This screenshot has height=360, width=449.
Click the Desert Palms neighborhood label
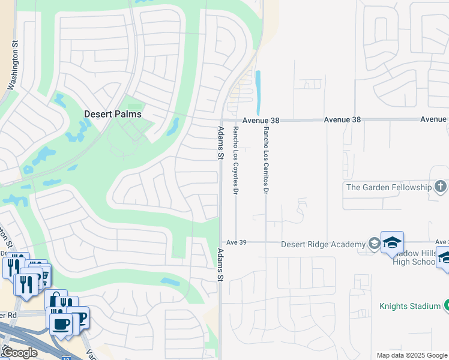113,114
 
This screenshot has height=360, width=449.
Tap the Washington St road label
13,66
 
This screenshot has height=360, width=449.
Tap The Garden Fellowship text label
388,187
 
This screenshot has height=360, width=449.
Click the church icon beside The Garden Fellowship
440,187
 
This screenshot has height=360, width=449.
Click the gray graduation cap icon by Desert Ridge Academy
374,244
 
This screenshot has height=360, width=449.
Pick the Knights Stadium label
410,306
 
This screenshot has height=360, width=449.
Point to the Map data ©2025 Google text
411,355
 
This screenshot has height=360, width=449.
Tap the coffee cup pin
60,324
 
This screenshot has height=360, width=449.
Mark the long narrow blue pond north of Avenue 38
258,92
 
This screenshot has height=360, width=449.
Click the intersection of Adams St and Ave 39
220,242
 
